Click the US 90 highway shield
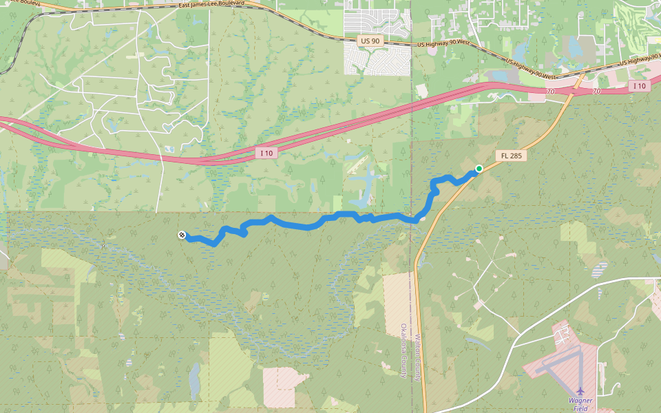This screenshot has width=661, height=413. pyautogui.click(x=370, y=41)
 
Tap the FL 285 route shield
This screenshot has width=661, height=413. pyautogui.click(x=512, y=156)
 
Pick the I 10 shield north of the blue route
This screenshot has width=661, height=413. pyautogui.click(x=267, y=152)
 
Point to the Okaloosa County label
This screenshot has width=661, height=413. pyautogui.click(x=403, y=351)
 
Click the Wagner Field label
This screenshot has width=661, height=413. pyautogui.click(x=580, y=405)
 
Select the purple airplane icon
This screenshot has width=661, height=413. pyautogui.click(x=580, y=392)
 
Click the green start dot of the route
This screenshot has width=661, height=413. pyautogui.click(x=479, y=168)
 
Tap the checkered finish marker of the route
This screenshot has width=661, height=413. pyautogui.click(x=181, y=235)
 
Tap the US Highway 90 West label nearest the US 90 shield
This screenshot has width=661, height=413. pyautogui.click(x=443, y=44)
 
